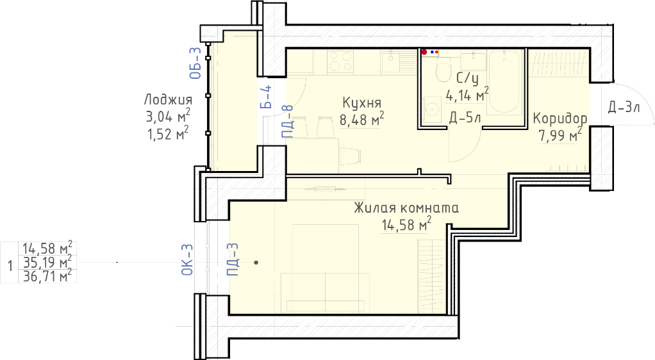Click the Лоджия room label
click(x=168, y=99)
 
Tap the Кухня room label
click(x=361, y=102)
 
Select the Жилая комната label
click(x=406, y=208)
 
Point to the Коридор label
click(x=560, y=119)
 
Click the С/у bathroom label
click(x=467, y=78)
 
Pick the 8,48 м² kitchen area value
click(x=361, y=119)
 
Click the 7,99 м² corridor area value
click(x=560, y=135)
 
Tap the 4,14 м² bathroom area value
click(x=467, y=95)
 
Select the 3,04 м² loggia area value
click(x=168, y=117)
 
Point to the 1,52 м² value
click(x=168, y=134)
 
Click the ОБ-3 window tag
click(x=195, y=63)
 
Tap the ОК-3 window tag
click(x=187, y=259)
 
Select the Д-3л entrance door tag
click(x=624, y=108)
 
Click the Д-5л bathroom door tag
click(x=465, y=118)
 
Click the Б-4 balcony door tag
click(x=266, y=97)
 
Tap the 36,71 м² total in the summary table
click(x=47, y=276)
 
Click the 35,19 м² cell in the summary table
click(x=47, y=263)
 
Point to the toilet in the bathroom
click(x=444, y=70)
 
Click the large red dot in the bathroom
click(x=424, y=52)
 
